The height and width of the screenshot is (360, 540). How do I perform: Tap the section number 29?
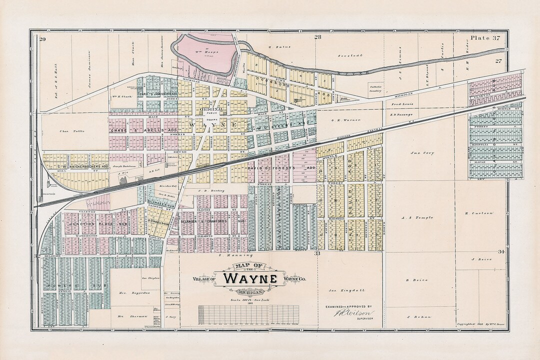point(43,39)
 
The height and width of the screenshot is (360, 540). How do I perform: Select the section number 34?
point(501,252)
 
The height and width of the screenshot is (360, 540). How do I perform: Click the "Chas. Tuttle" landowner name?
point(72,131)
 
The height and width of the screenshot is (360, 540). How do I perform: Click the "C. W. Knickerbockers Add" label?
point(83,166)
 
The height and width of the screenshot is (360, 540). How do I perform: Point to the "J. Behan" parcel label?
point(416,317)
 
